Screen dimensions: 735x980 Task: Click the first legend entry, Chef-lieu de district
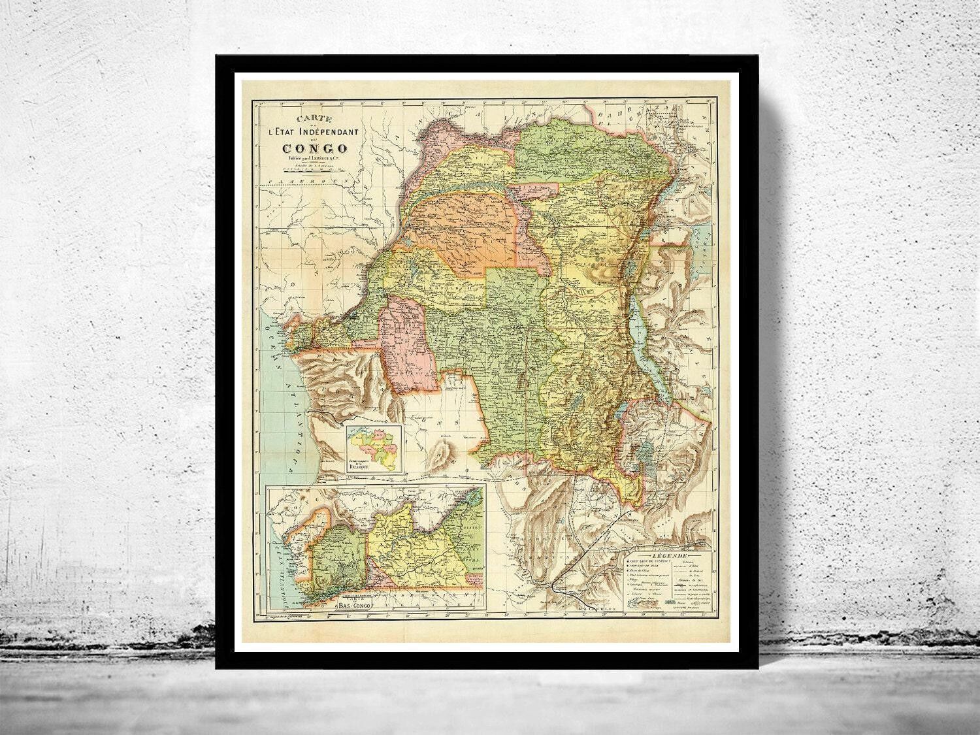click(x=644, y=561)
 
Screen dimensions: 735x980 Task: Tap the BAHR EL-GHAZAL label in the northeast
click(x=627, y=118)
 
